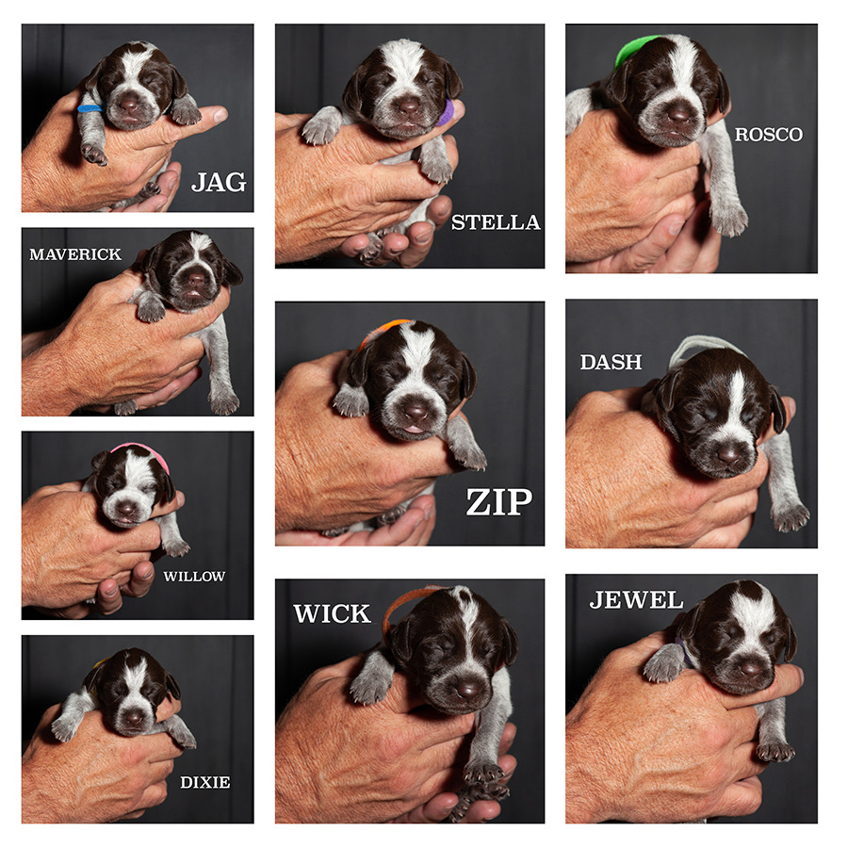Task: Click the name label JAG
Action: tap(219, 182)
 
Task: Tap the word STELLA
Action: tap(496, 223)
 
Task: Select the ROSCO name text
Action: tap(769, 135)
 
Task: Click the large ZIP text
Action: tap(498, 502)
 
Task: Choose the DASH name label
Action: tap(611, 362)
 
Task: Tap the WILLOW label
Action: tap(194, 576)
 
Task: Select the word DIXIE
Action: tap(204, 782)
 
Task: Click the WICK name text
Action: tap(332, 614)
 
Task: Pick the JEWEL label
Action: tap(636, 600)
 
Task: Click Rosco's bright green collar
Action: tap(633, 47)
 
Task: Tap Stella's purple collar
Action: tap(447, 113)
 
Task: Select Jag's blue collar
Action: tap(90, 109)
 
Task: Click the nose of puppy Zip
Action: tap(416, 412)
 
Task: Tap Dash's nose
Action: tap(728, 454)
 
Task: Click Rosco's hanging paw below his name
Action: tap(729, 219)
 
